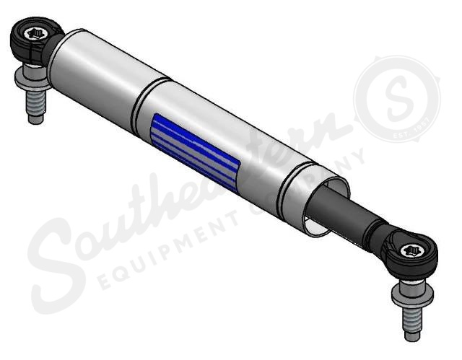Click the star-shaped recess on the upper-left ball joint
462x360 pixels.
33,32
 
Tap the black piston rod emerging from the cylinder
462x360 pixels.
346,209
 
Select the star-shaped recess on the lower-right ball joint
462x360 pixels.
414,253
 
